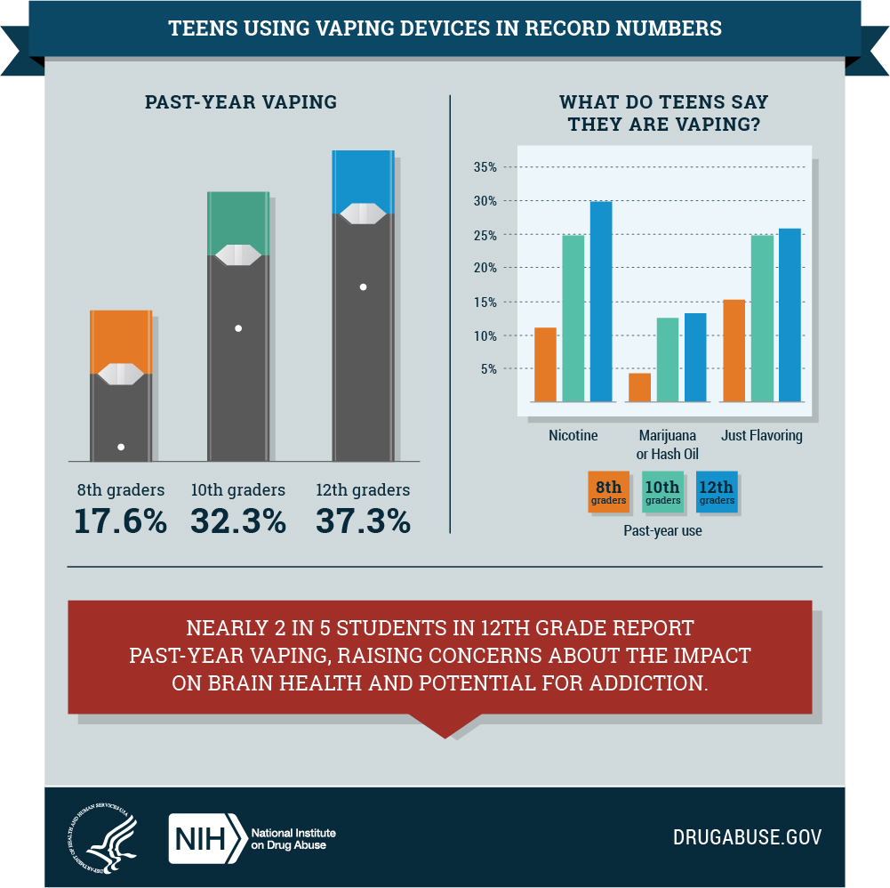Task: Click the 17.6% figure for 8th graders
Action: [120, 521]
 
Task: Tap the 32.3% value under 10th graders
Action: [238, 521]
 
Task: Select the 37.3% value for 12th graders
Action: [363, 521]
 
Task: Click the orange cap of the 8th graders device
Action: [120, 338]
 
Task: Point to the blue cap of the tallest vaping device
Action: [363, 178]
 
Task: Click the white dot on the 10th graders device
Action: [238, 328]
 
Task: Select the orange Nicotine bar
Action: [545, 365]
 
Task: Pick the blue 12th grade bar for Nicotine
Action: [602, 302]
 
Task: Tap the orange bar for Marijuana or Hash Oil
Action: [640, 388]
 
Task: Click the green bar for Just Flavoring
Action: [762, 319]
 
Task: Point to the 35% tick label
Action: [485, 167]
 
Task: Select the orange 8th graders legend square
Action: [608, 492]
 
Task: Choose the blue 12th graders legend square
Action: [717, 492]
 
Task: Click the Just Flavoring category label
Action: [763, 436]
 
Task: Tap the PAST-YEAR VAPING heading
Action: [241, 101]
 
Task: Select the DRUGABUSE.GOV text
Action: [747, 837]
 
